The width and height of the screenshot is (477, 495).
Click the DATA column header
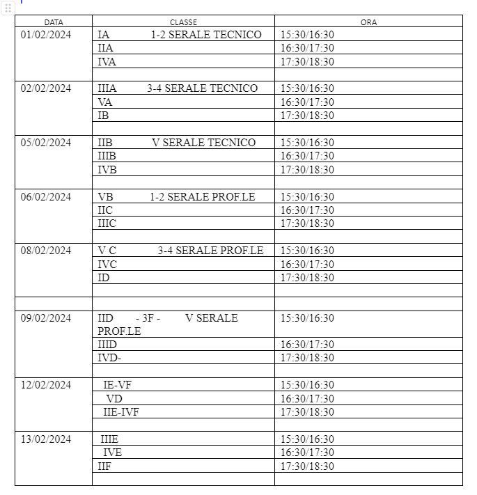click(54, 22)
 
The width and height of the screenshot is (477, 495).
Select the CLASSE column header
click(183, 22)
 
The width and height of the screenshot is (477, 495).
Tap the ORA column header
click(368, 22)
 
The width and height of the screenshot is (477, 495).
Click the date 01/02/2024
click(46, 35)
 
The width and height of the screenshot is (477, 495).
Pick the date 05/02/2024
click(46, 143)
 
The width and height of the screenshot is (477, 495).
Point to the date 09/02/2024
click(46, 318)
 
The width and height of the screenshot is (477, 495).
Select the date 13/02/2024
click(46, 439)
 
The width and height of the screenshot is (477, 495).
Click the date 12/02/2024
click(46, 385)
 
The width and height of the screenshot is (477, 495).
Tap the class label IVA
click(107, 62)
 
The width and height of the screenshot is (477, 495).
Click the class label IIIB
click(107, 156)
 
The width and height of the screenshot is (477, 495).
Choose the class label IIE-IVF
click(121, 412)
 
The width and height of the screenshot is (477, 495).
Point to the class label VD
click(114, 399)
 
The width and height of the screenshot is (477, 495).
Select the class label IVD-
click(109, 358)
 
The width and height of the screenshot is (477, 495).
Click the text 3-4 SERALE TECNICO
click(202, 88)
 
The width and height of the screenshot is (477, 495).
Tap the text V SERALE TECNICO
click(203, 143)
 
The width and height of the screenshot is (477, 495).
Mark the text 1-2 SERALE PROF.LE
click(202, 197)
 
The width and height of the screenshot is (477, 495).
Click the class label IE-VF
click(117, 385)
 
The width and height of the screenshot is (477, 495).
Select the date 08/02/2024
click(46, 251)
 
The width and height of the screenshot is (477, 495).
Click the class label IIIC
click(107, 223)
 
